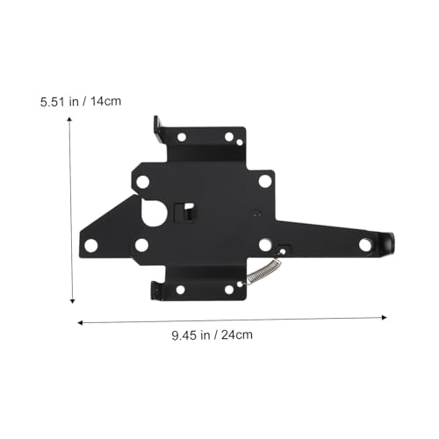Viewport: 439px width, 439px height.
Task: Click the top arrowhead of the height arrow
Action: [x=70, y=119]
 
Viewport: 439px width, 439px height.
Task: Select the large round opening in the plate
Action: [x=155, y=212]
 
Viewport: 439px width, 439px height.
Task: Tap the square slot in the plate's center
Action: [x=187, y=211]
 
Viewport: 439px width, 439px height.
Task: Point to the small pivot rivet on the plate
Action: [x=255, y=212]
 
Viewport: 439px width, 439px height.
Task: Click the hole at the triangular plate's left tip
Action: [x=90, y=245]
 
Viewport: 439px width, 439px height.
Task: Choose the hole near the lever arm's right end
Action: [x=365, y=245]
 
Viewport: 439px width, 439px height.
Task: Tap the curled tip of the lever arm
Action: [x=387, y=243]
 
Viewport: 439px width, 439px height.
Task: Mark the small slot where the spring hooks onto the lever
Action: [x=283, y=249]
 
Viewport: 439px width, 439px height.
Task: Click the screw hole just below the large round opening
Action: [x=141, y=246]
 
